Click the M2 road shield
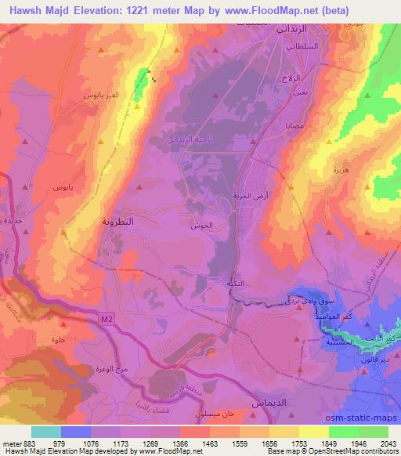coord(107,317)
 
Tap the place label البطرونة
coord(118,221)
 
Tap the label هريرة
coord(340,169)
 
